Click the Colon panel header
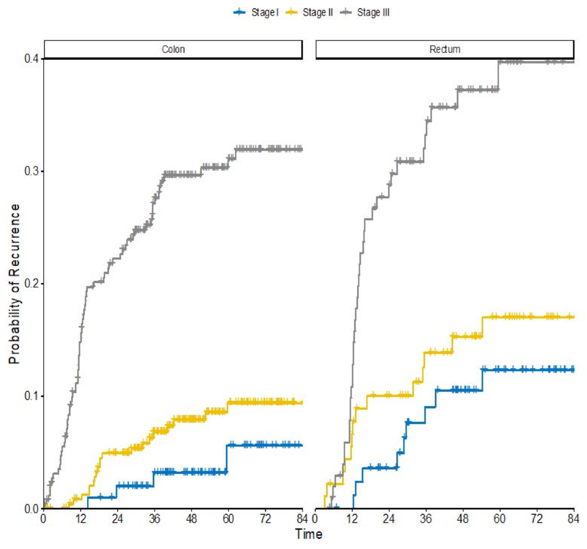[x=173, y=50]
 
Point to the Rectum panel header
[x=445, y=50]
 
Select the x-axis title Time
[x=308, y=535]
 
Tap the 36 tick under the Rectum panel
[x=426, y=519]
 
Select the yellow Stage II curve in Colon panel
[x=189, y=419]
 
